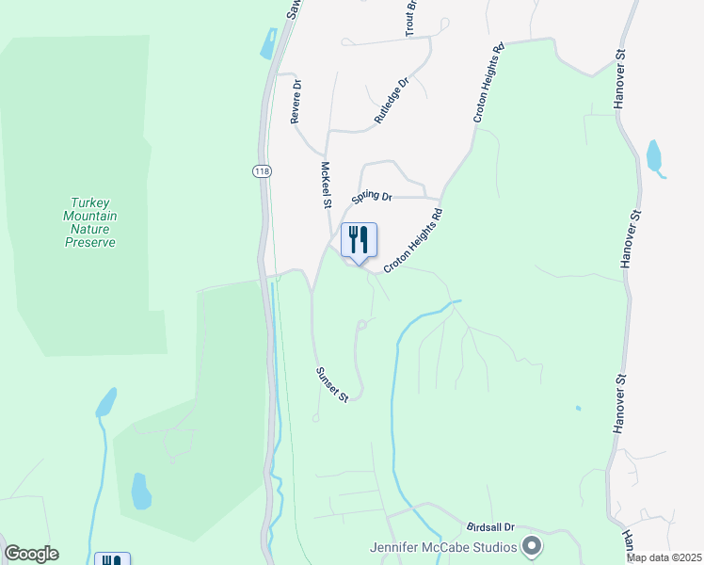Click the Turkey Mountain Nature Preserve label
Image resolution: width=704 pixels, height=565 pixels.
[90, 222]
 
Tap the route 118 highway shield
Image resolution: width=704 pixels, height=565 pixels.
[261, 170]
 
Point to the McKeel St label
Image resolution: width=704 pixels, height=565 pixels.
[327, 185]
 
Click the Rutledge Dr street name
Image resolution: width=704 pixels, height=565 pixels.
[392, 101]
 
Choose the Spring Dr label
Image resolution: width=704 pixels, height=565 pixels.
[372, 197]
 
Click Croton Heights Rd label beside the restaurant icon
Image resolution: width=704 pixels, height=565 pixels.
[412, 241]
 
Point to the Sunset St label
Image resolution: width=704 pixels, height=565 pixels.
[331, 385]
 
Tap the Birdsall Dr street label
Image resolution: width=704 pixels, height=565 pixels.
[490, 528]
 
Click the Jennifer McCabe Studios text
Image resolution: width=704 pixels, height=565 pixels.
[443, 547]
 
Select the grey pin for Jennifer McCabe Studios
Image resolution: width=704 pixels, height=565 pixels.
[532, 546]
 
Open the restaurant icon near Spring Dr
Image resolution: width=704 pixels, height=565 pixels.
[358, 241]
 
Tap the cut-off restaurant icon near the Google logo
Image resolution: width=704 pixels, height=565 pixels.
[111, 559]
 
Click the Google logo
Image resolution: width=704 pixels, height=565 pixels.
[31, 554]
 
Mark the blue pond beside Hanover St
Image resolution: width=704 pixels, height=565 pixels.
[655, 158]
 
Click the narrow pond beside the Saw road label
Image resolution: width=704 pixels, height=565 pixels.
[269, 44]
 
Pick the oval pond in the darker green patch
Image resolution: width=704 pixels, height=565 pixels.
[141, 490]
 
